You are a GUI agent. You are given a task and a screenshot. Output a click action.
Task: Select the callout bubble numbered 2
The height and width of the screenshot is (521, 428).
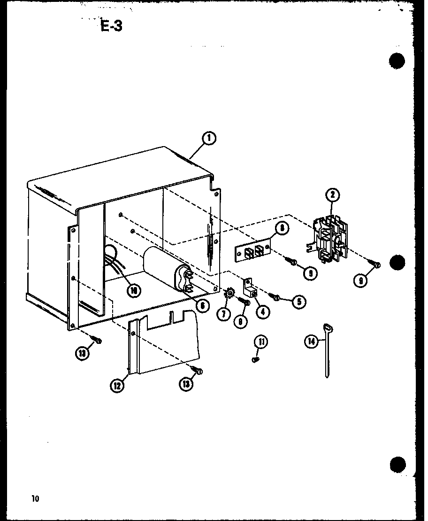332,195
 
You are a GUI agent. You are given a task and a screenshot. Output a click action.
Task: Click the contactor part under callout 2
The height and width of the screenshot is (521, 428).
330,239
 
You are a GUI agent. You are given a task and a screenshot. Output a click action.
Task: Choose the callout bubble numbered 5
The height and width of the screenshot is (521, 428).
299,301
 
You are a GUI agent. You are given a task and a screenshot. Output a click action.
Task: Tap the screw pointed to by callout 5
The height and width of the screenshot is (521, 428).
275,296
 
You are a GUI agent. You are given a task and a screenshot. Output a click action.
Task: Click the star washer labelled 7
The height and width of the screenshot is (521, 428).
230,295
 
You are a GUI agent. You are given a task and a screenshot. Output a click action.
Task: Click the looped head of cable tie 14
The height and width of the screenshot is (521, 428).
326,327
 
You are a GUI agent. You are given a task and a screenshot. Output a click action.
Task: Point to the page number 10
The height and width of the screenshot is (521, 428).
35,498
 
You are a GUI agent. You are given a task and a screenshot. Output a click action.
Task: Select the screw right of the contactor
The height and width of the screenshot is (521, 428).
375,265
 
